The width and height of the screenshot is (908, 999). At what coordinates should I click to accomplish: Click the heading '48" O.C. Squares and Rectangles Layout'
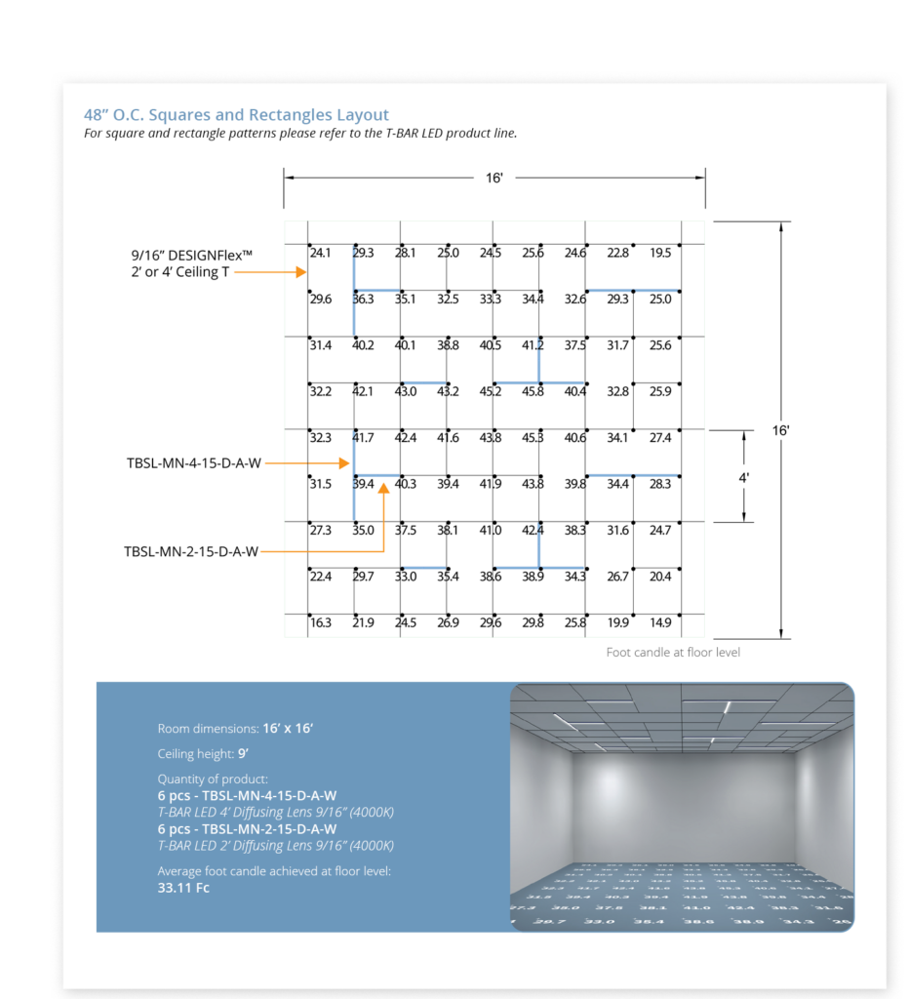coord(236,115)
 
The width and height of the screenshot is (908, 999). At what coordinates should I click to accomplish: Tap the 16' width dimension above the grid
coord(494,179)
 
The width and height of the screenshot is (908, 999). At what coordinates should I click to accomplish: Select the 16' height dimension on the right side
coord(779,429)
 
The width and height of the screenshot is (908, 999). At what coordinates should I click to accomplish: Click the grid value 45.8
coord(533,392)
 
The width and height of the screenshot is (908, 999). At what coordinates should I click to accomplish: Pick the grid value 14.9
coord(660,623)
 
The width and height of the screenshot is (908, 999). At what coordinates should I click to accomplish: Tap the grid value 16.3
coord(321,623)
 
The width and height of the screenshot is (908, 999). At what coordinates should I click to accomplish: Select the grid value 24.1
coord(321,254)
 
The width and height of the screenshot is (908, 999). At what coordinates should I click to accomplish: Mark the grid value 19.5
coord(660,254)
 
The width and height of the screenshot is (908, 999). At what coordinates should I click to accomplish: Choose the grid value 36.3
coord(364,300)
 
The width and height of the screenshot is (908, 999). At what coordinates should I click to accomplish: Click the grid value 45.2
coord(491,392)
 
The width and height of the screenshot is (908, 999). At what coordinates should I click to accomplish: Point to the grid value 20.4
coord(660,577)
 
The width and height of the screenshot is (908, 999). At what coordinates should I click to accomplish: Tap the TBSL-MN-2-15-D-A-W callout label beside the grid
coord(191,552)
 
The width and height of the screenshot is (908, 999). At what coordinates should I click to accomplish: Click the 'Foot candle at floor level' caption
coord(673,652)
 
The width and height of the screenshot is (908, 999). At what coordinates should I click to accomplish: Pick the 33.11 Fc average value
coord(183,888)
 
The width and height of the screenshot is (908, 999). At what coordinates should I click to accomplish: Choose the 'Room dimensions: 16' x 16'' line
coord(235,729)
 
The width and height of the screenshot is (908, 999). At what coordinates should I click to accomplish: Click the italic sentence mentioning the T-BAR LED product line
coord(300,134)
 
